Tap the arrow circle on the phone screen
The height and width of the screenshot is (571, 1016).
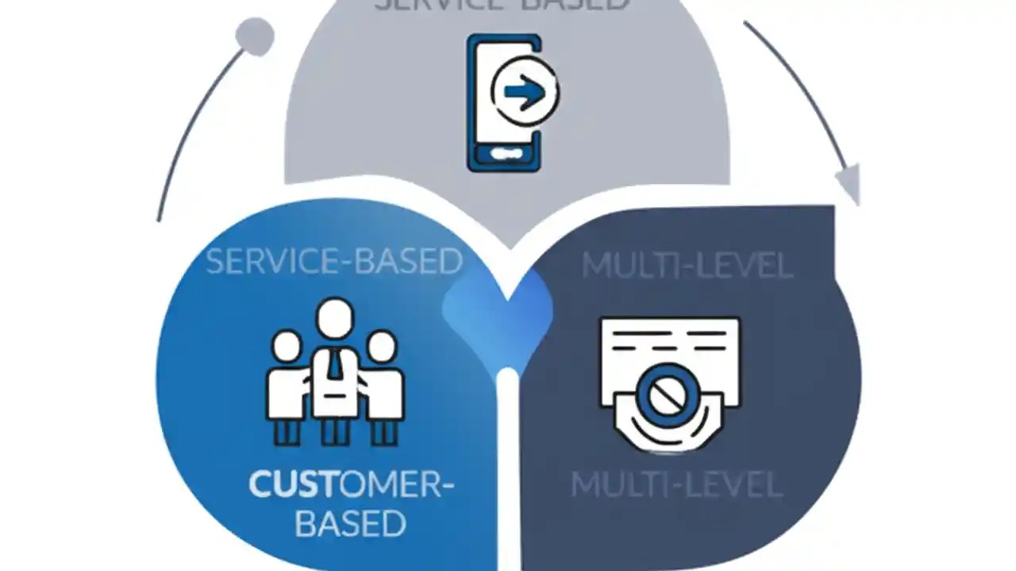click(x=525, y=93)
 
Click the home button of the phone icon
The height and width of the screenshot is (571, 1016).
click(x=506, y=152)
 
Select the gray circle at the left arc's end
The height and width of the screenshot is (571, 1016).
click(x=255, y=36)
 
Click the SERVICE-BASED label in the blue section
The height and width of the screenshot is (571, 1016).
click(x=333, y=262)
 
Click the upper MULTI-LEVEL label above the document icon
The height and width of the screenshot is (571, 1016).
click(x=687, y=266)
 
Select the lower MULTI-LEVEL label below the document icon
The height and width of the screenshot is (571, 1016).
click(x=676, y=484)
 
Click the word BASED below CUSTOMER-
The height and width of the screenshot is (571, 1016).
click(x=350, y=523)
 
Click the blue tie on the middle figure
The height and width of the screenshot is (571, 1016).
click(x=336, y=366)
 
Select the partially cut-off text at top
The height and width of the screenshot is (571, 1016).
click(x=502, y=5)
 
